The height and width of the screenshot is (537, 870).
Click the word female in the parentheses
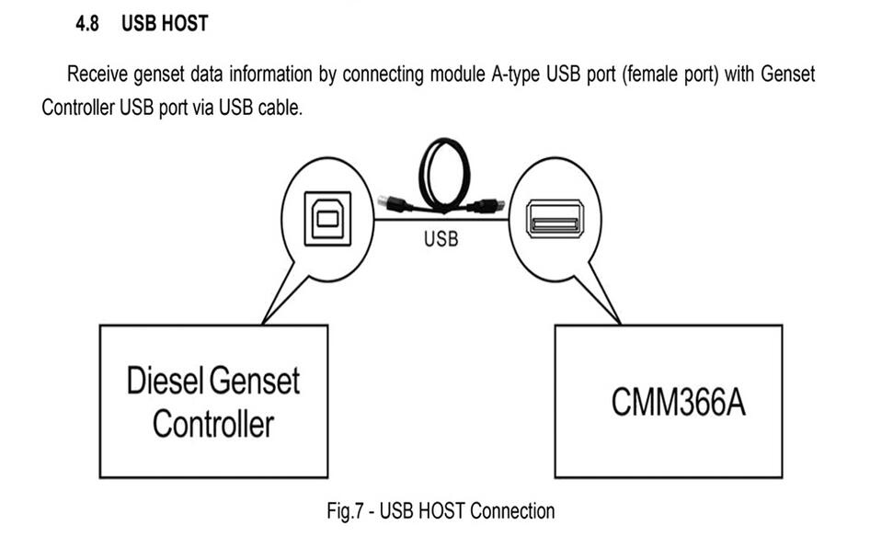[x=649, y=74]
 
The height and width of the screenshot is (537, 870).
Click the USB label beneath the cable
[x=441, y=239]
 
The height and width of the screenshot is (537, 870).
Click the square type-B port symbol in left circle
[x=326, y=219]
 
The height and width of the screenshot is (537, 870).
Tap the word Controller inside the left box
[x=213, y=424]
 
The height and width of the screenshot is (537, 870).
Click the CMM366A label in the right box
[x=679, y=403]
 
